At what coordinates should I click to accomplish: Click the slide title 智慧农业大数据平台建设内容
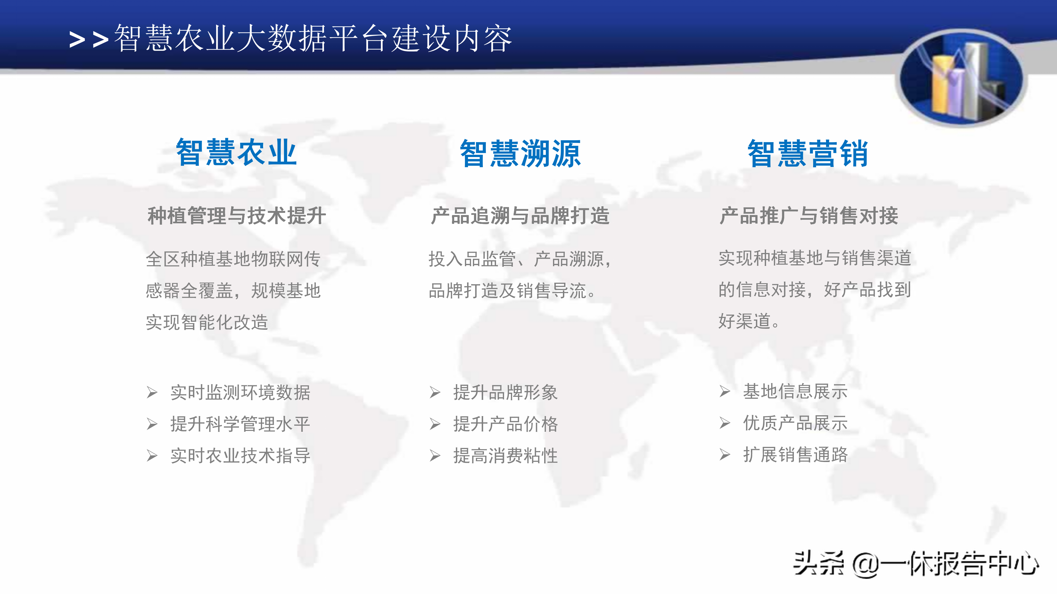(313, 38)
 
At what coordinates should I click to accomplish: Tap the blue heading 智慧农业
(236, 153)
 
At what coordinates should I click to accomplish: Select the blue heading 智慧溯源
(520, 153)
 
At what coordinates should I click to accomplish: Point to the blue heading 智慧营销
(808, 153)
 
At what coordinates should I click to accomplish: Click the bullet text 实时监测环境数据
(241, 392)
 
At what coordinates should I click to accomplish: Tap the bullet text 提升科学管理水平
(241, 424)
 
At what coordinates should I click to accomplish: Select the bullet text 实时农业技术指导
(241, 455)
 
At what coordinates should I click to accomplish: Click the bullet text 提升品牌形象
(506, 392)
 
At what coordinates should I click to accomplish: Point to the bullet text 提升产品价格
(506, 424)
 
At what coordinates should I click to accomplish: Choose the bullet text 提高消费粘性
(506, 455)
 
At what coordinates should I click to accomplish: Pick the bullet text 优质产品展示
(795, 423)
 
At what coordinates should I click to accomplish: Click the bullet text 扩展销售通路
(795, 454)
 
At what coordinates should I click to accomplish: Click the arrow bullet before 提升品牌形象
(435, 392)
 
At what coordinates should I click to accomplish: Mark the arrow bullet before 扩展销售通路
(725, 455)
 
